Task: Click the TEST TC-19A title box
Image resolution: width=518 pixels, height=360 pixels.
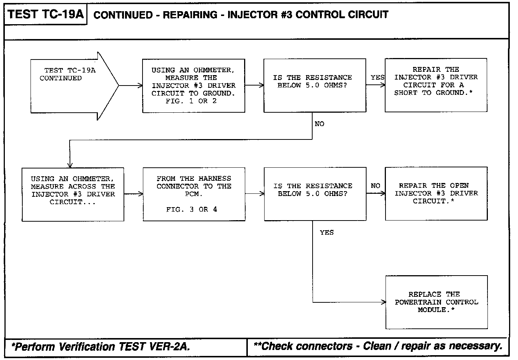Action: [45, 15]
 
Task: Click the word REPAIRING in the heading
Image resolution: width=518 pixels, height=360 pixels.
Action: [190, 15]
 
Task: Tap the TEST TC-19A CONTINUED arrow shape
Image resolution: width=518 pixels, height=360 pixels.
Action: [71, 86]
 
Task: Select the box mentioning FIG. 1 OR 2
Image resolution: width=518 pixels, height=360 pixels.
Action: [194, 86]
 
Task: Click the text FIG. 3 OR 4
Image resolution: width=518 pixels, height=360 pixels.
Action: [192, 210]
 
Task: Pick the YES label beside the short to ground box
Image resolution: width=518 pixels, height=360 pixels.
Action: [377, 77]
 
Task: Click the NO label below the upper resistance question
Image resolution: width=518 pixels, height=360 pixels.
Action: [319, 124]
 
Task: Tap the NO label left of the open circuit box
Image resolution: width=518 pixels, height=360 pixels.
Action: [375, 186]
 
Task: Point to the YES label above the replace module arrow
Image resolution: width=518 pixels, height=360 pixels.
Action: [327, 232]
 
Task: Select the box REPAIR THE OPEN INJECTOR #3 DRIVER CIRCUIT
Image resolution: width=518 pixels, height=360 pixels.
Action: [436, 193]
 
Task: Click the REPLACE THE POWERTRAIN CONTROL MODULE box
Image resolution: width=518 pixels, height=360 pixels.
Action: [437, 302]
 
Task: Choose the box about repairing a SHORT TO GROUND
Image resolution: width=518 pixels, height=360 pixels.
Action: [436, 85]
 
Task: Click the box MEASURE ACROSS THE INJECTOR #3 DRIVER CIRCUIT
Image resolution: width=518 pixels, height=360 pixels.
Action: [73, 194]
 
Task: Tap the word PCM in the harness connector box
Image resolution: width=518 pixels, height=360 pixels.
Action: [194, 194]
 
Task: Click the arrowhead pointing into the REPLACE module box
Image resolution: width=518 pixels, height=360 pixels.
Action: [384, 302]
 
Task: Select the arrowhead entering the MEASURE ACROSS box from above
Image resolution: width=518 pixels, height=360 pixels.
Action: [70, 165]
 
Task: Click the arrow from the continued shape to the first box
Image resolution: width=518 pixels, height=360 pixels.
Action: [130, 86]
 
